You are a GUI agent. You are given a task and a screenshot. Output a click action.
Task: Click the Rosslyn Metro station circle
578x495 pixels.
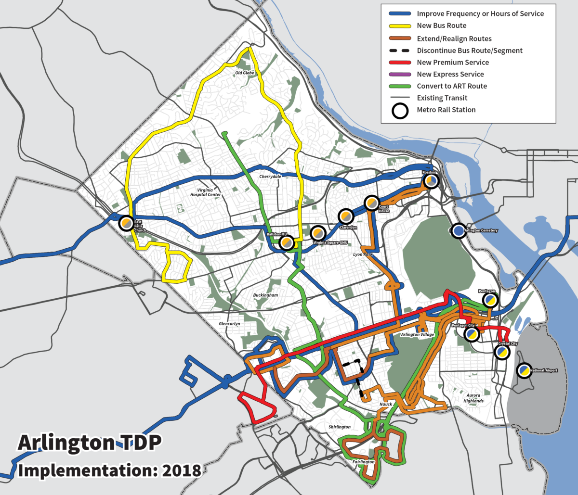point(431,181)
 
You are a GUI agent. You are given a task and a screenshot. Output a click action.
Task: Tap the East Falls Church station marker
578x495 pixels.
point(126,223)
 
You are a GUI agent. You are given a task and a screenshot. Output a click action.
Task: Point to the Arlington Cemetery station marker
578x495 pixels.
point(459,231)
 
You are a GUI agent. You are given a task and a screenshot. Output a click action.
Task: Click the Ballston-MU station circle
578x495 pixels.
point(286,243)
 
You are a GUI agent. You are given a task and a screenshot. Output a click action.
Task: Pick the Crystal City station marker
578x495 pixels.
point(502,352)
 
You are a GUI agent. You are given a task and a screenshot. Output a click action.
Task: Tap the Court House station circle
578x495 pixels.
point(372,203)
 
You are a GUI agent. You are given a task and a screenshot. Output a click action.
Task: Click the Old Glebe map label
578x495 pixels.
point(244,73)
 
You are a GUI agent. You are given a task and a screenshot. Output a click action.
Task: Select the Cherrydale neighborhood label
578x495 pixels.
point(270,177)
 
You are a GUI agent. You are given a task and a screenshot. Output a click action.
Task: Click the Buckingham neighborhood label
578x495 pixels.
point(265,295)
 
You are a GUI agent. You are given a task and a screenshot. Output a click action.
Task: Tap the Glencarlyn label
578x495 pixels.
point(229,324)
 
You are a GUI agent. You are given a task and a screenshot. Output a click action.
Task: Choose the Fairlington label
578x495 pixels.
point(363,462)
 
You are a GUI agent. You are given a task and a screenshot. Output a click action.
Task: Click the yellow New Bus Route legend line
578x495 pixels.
point(396,25)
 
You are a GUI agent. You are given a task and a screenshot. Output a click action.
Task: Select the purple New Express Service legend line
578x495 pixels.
point(396,74)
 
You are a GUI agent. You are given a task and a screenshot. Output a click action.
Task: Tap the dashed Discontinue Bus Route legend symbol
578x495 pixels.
point(396,50)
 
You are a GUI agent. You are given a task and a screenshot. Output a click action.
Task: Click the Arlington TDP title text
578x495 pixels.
point(88,443)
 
